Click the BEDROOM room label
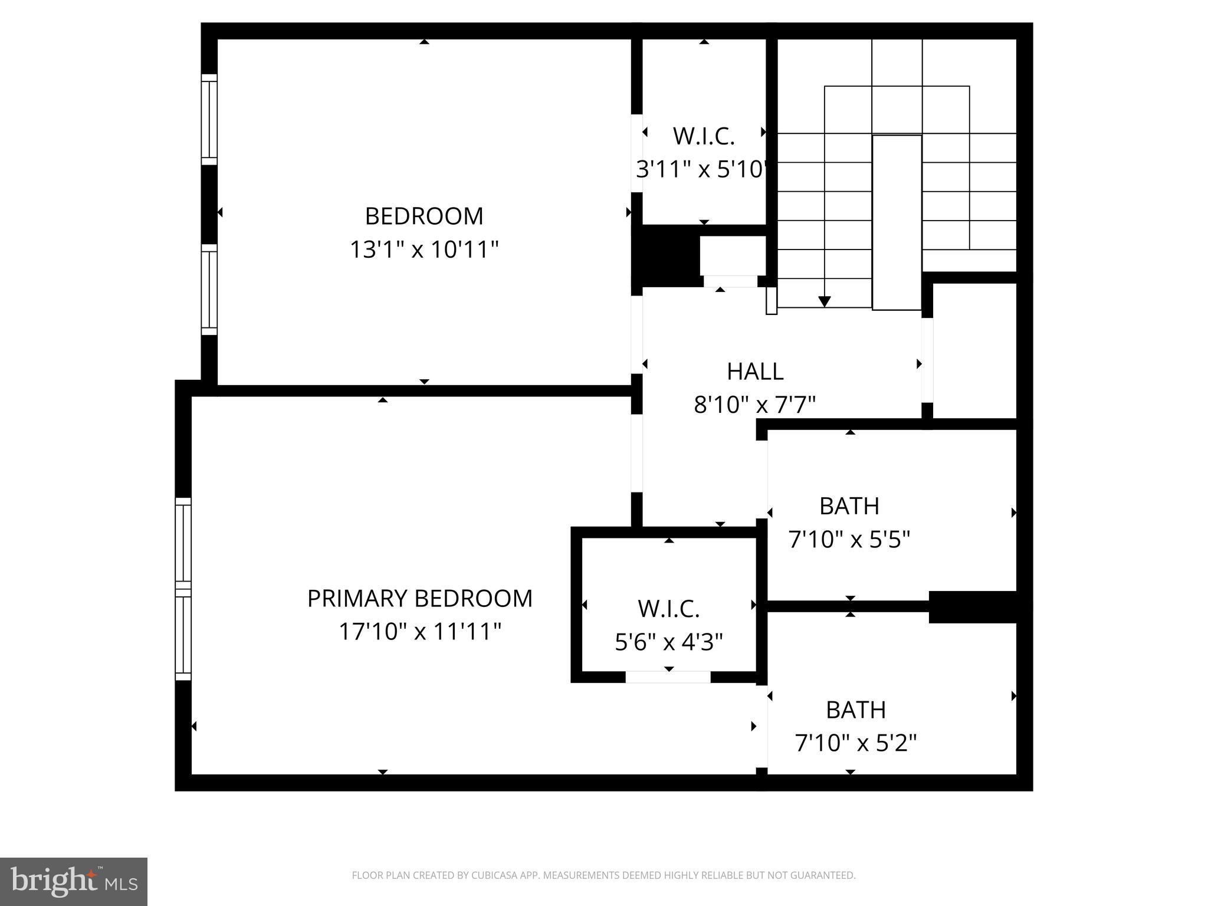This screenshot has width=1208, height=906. (424, 216)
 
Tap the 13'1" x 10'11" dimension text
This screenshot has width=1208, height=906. (424, 250)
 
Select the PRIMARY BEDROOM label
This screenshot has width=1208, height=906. (419, 598)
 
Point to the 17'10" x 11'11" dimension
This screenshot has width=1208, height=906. (419, 632)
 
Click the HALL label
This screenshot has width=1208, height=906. (754, 372)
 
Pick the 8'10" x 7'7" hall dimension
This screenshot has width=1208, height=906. (754, 405)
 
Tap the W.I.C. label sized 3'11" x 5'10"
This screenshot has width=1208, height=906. (703, 136)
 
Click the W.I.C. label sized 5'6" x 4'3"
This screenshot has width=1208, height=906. (668, 609)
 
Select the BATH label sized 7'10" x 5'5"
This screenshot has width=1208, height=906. (849, 506)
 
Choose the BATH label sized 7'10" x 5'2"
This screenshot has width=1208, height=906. (855, 710)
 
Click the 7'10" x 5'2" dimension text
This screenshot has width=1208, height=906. (855, 743)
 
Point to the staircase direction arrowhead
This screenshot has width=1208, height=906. (824, 301)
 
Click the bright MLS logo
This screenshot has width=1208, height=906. (74, 882)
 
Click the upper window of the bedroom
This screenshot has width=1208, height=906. (209, 119)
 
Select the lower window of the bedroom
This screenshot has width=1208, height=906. (209, 290)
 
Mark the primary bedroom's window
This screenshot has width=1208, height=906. (183, 589)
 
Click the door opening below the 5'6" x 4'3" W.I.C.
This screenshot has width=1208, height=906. (668, 677)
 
